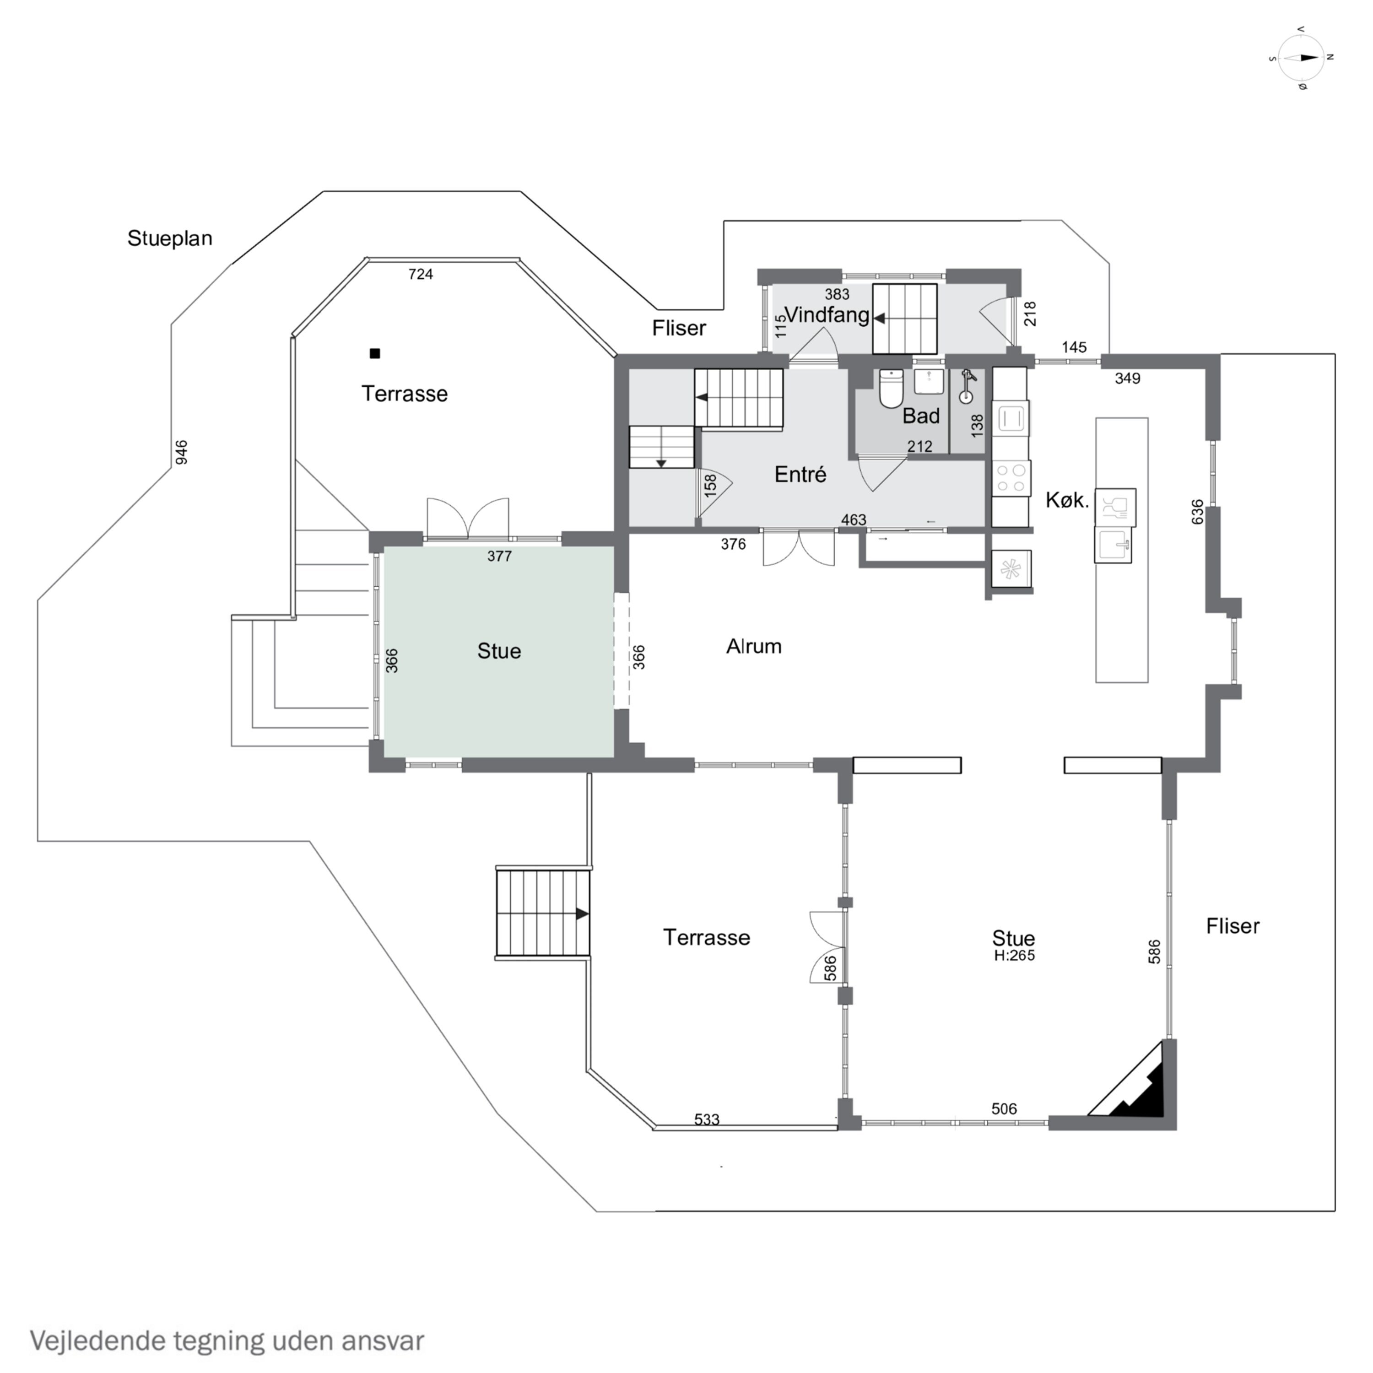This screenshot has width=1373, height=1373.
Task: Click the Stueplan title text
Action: pyautogui.click(x=170, y=238)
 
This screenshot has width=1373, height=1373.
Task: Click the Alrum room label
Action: pyautogui.click(x=754, y=646)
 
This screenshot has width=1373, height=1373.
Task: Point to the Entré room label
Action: pyautogui.click(x=800, y=474)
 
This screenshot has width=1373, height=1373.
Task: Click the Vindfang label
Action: pyautogui.click(x=827, y=315)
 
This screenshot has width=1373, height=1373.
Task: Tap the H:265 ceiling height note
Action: pyautogui.click(x=1014, y=956)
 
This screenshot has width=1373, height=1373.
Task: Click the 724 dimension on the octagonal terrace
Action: pyautogui.click(x=421, y=274)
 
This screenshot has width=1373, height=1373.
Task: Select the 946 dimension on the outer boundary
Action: pyautogui.click(x=181, y=452)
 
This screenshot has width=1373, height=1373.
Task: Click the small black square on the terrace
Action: pyautogui.click(x=375, y=353)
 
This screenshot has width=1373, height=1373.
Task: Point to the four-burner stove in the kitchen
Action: pyautogui.click(x=1011, y=477)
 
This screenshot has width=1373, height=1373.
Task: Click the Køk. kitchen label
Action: pyautogui.click(x=1067, y=500)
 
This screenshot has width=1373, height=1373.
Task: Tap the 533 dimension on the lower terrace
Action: pyautogui.click(x=707, y=1119)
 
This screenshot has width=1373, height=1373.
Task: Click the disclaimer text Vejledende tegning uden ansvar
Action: pyautogui.click(x=227, y=1341)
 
